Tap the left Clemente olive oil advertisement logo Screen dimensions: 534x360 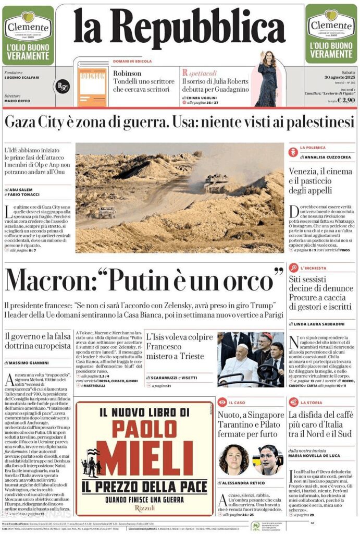[28, 26]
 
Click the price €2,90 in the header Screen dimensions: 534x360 [346, 100]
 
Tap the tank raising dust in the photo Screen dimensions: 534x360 [215, 182]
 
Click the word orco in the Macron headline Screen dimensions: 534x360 [251, 280]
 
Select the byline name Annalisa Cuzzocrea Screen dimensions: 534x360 [326, 156]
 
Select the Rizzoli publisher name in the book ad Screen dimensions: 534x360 [144, 506]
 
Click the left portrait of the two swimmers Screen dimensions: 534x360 [234, 459]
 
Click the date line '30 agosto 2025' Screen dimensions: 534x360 [339, 77]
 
